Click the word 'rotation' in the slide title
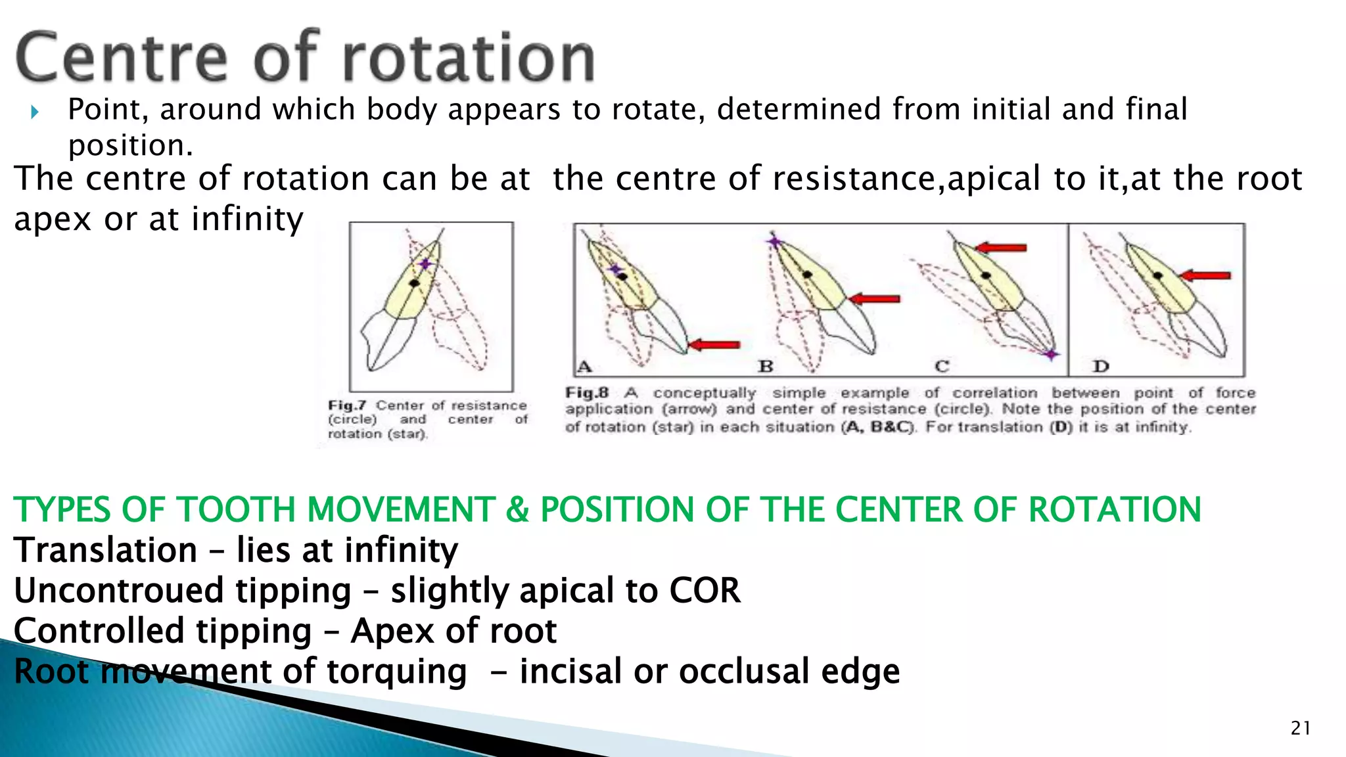point(468,58)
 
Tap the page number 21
point(1301,728)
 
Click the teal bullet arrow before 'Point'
point(35,112)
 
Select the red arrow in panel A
point(714,344)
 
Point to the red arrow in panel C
point(1001,248)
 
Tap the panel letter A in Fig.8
point(584,367)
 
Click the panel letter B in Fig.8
point(766,366)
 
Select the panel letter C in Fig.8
point(942,366)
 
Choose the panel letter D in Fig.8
point(1101,366)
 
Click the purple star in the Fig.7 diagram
point(426,264)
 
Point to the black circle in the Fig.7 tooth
point(414,283)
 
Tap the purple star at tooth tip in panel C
point(1051,355)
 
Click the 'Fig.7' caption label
point(348,405)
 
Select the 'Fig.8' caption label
point(587,393)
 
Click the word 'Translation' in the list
point(105,550)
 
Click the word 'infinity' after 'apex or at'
point(247,219)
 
